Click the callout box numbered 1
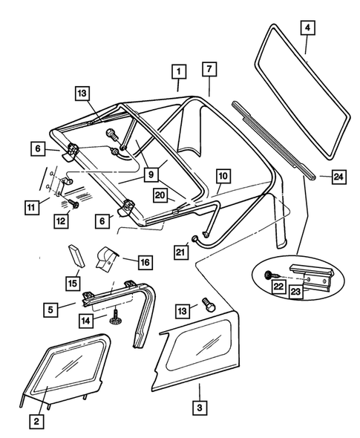[x=178, y=72]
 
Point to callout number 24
[x=338, y=177]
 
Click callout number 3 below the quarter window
[x=199, y=408]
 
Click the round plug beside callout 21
[x=194, y=239]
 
